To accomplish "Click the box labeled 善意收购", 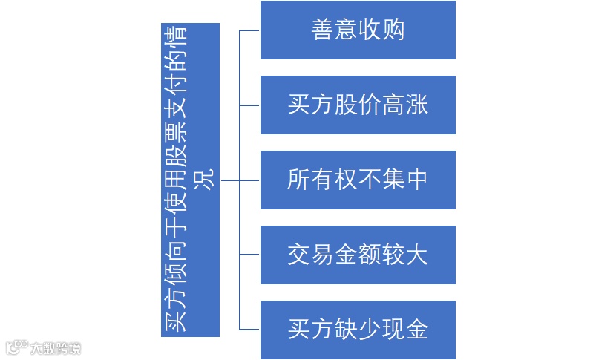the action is click(358, 30).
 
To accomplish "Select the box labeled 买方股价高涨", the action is click(358, 105).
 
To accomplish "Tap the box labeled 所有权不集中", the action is click(358, 180).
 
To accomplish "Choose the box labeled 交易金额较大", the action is click(358, 255).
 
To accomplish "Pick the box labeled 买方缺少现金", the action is click(358, 330).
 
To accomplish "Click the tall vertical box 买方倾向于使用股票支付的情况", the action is click(190, 180).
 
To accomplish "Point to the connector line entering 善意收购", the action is click(249, 30).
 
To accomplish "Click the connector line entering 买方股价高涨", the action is click(249, 105).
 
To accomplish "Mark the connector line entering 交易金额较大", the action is click(249, 255).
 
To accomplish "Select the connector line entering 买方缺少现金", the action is click(249, 330).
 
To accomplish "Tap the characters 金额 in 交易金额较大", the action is click(358, 255).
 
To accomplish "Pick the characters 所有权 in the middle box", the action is click(322, 180).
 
